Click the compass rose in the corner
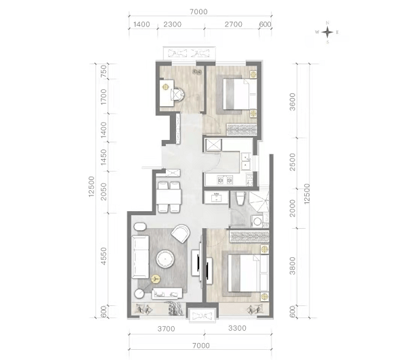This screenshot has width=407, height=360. pyautogui.click(x=327, y=32)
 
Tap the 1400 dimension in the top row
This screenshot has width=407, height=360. pyautogui.click(x=142, y=24)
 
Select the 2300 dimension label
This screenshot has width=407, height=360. pyautogui.click(x=173, y=24)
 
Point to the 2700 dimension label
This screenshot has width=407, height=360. pyautogui.click(x=234, y=24)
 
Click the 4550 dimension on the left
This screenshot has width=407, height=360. pyautogui.click(x=104, y=256)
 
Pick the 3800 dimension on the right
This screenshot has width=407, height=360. pyautogui.click(x=293, y=265)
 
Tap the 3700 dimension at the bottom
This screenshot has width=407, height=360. pyautogui.click(x=167, y=329)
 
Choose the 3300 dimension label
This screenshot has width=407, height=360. pyautogui.click(x=237, y=328)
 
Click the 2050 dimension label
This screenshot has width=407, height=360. pyautogui.click(x=104, y=192)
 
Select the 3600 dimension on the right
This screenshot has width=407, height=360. pyautogui.click(x=293, y=102)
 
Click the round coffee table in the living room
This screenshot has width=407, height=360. pyautogui.click(x=165, y=259)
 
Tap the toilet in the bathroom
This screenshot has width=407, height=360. pyautogui.click(x=240, y=198)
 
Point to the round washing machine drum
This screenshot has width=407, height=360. pyautogui.click(x=257, y=222)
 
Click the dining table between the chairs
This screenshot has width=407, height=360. pyautogui.click(x=169, y=197)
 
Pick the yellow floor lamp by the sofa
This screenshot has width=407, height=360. pyautogui.click(x=156, y=279)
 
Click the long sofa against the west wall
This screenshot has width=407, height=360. pyautogui.click(x=140, y=256)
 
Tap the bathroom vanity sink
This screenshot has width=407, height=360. pyautogui.click(x=216, y=198)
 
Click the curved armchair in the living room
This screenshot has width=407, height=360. pyautogui.click(x=181, y=233)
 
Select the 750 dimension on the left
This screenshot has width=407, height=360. pyautogui.click(x=104, y=71)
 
